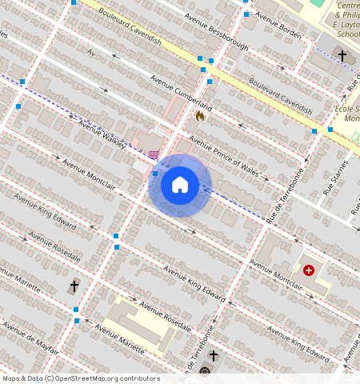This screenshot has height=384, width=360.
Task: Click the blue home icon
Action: tap(180, 186)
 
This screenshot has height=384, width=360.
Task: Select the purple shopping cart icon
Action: tap(153, 154)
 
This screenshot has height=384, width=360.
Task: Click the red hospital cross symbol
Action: tap(309, 270)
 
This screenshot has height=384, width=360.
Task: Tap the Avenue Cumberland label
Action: tap(182, 93)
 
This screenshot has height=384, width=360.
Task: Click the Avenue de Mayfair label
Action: tap(30, 337)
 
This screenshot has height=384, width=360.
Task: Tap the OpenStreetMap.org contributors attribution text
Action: tap(107, 378)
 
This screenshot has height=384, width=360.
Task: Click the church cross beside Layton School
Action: tap(342, 55)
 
